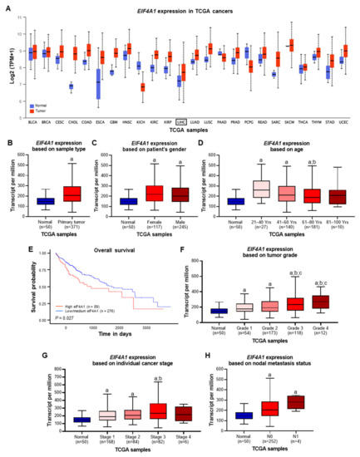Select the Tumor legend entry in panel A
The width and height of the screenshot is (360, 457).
(36, 86)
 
